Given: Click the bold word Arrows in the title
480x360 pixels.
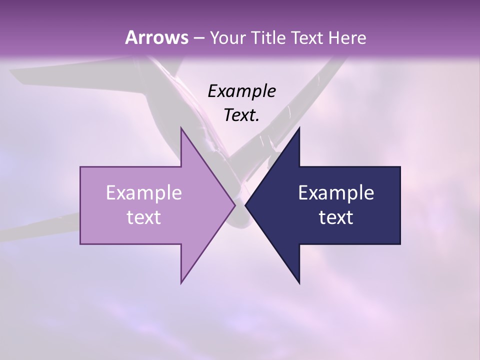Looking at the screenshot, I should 156,37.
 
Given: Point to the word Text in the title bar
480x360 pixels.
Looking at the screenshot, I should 309,38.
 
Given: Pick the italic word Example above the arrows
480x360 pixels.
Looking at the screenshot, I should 241,91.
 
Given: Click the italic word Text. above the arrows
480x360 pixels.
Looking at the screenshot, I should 241,115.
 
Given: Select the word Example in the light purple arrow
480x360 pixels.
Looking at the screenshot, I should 143,192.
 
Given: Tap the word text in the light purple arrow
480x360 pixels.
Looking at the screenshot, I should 143,217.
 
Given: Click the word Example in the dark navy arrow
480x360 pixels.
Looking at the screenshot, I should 336,192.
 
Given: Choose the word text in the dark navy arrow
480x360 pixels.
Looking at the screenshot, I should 336,217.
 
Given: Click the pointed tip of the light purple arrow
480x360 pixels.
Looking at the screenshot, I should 235,205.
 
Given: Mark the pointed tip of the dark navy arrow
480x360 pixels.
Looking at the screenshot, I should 245,205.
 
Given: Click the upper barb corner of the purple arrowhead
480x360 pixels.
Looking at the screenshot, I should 181,128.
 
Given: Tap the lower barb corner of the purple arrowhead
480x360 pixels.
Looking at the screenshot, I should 181,283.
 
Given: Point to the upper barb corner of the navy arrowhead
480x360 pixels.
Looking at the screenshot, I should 299,128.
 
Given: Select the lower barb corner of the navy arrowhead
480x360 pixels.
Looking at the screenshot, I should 299,283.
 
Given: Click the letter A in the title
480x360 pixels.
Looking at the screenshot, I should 130,37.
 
